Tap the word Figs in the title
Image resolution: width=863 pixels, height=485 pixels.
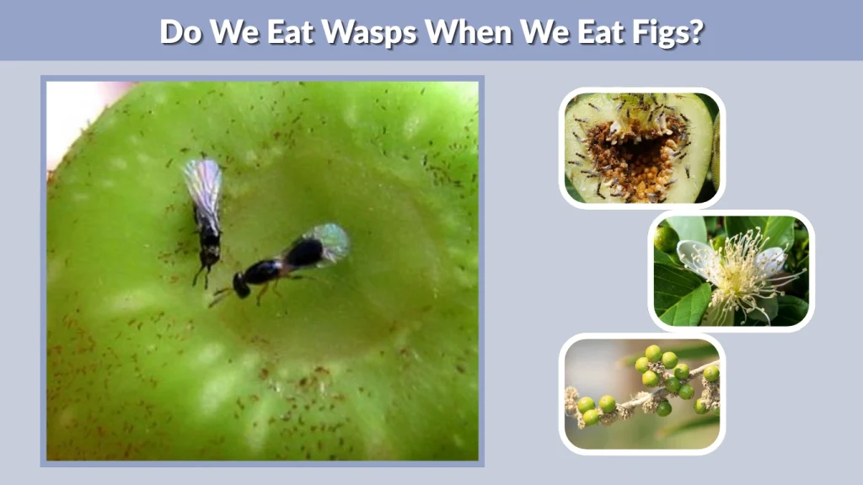coord(664,31)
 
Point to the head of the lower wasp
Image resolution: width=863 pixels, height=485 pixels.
coord(242,285)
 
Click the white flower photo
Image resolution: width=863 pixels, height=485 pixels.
coord(732,270)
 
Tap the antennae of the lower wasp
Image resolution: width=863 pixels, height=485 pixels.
coord(221,294)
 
